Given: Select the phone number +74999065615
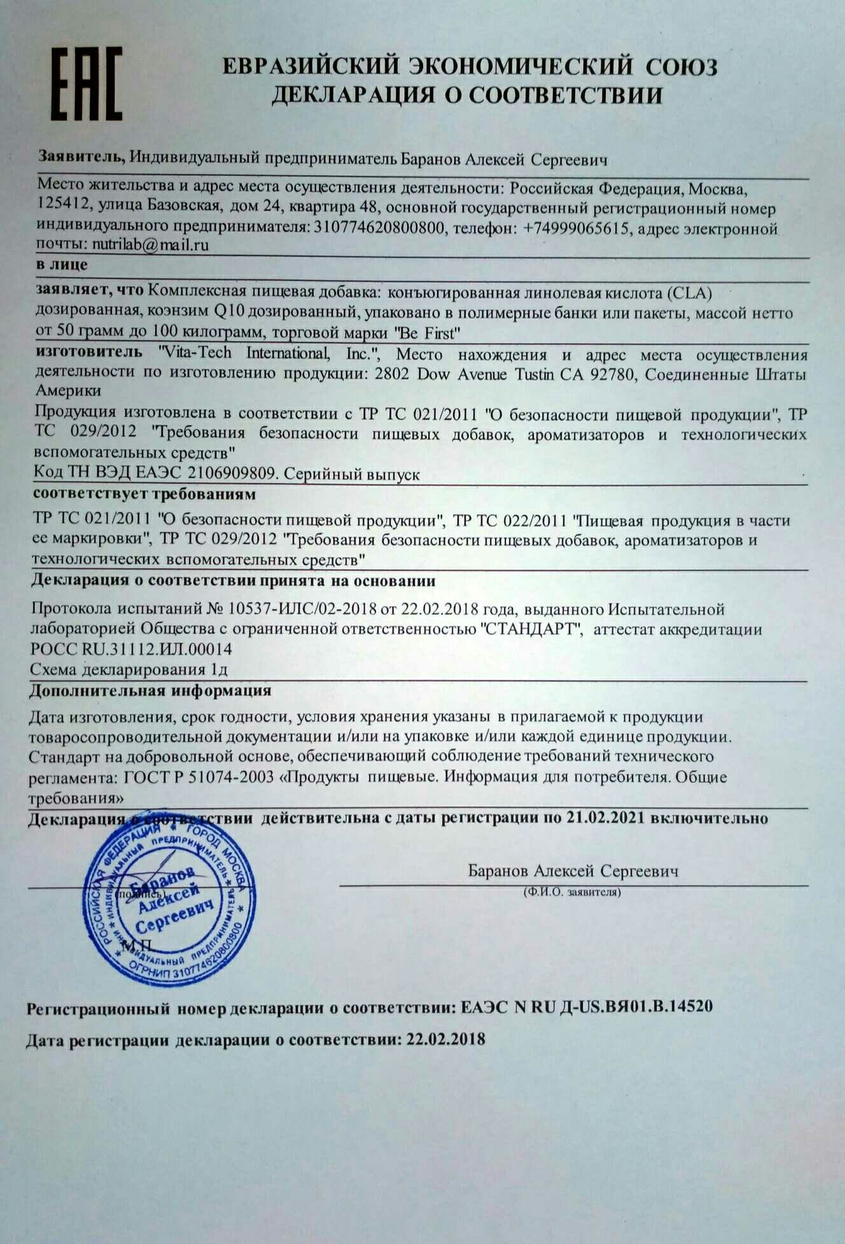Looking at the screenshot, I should point(576,228).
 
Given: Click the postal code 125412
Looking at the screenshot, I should point(63,208).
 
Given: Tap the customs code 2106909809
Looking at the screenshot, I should point(234,474).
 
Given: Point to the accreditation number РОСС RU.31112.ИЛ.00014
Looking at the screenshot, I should point(132,649).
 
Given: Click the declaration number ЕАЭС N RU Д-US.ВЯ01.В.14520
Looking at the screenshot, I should point(586,1006).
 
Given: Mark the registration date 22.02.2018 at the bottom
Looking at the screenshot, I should point(445,1039).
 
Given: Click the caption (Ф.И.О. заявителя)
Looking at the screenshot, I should point(572,892).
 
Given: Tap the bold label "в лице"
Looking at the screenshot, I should point(62,265).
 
